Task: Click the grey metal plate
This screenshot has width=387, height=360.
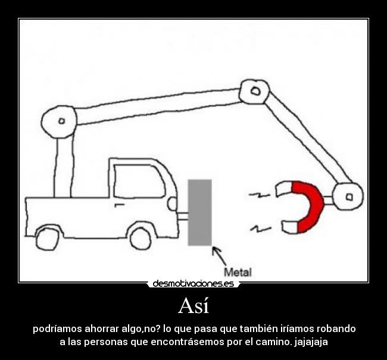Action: coord(200,212)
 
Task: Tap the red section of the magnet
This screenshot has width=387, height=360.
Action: coord(311,206)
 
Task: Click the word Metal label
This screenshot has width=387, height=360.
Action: coord(237,272)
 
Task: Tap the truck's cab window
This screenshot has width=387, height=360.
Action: coord(138,181)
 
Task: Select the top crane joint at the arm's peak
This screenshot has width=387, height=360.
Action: coord(255,92)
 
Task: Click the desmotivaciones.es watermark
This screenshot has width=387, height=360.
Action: coord(193,284)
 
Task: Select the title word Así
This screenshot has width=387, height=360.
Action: coord(193,306)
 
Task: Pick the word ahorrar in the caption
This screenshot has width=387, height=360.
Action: coord(101,328)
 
